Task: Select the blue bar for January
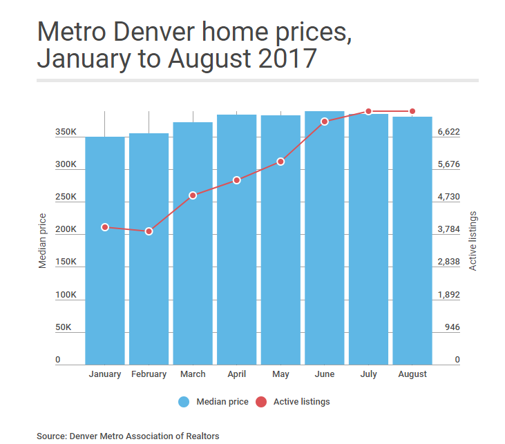coord(105,276)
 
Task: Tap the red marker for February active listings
coord(149,231)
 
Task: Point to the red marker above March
coord(193,195)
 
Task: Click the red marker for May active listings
coord(280,162)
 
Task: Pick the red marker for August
coord(412,111)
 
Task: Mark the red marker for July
coord(369,111)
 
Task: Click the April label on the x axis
coord(236,374)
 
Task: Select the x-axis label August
coord(412,374)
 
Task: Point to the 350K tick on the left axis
coord(66,132)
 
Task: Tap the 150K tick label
coord(66,262)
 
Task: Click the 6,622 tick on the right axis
coord(448,132)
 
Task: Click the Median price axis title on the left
coord(43,240)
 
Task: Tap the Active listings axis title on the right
coord(473,240)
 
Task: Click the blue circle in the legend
coord(184,402)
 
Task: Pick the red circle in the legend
coord(261,402)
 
